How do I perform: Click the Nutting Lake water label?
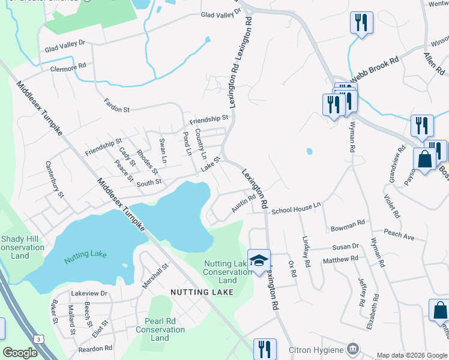coord(85,254)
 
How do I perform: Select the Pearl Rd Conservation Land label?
coord(160,329)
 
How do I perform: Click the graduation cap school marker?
coord(259,260)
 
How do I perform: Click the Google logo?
coord(20,353)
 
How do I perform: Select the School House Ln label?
coord(297,211)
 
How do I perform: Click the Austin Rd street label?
coord(244,206)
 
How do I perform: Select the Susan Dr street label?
coord(346,247)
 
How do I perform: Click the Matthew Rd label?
coord(340,260)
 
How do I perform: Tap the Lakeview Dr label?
coord(88,293)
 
